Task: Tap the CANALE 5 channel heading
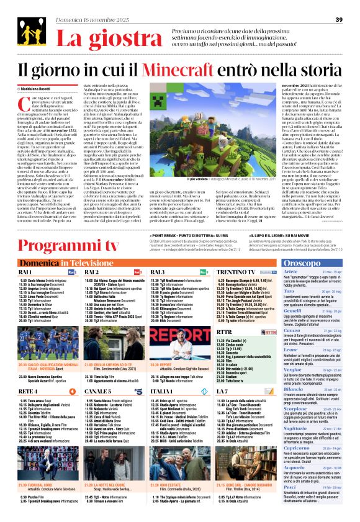coord(98,392)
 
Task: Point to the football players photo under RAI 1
coord(46,336)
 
